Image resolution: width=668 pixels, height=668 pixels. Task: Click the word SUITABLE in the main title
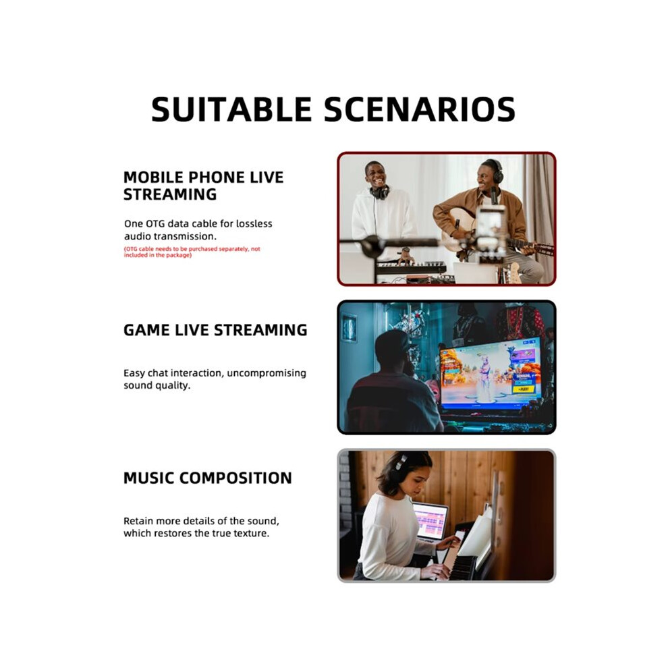tap(231, 109)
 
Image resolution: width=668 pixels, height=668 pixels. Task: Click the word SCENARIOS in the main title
tap(420, 109)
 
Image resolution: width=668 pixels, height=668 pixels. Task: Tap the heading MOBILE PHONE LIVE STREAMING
tap(203, 186)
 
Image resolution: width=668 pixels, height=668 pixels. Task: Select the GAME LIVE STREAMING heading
tap(215, 330)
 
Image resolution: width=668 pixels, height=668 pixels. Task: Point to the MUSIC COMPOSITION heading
tap(207, 478)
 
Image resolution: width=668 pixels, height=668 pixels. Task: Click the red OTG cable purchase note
tap(192, 252)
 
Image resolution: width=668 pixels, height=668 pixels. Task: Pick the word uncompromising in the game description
tap(267, 374)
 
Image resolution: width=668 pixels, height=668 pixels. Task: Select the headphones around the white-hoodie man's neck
tap(380, 192)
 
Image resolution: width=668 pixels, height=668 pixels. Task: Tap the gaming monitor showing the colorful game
tap(491, 372)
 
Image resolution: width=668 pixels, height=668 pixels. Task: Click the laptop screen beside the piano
tap(430, 521)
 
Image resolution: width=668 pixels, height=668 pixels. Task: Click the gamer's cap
tap(393, 341)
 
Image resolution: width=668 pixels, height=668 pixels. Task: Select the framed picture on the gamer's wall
tap(350, 328)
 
